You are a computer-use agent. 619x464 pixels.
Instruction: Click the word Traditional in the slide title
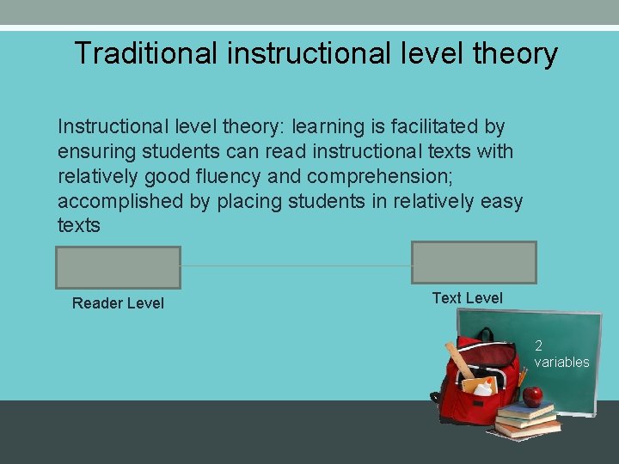[146, 53]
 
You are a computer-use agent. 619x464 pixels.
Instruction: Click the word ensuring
[93, 152]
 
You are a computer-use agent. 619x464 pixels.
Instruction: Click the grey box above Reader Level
[119, 267]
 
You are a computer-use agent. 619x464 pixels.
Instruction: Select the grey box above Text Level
[474, 262]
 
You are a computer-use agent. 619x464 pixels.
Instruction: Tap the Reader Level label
[118, 303]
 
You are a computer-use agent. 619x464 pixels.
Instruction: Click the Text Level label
[467, 298]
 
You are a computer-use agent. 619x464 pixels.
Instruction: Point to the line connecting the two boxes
[296, 266]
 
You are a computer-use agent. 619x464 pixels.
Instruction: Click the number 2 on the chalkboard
[538, 346]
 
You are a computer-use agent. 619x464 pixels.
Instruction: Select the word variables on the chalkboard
[561, 362]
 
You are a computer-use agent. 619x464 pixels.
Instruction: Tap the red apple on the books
[533, 396]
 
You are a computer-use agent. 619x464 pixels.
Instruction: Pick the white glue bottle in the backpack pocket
[483, 388]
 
